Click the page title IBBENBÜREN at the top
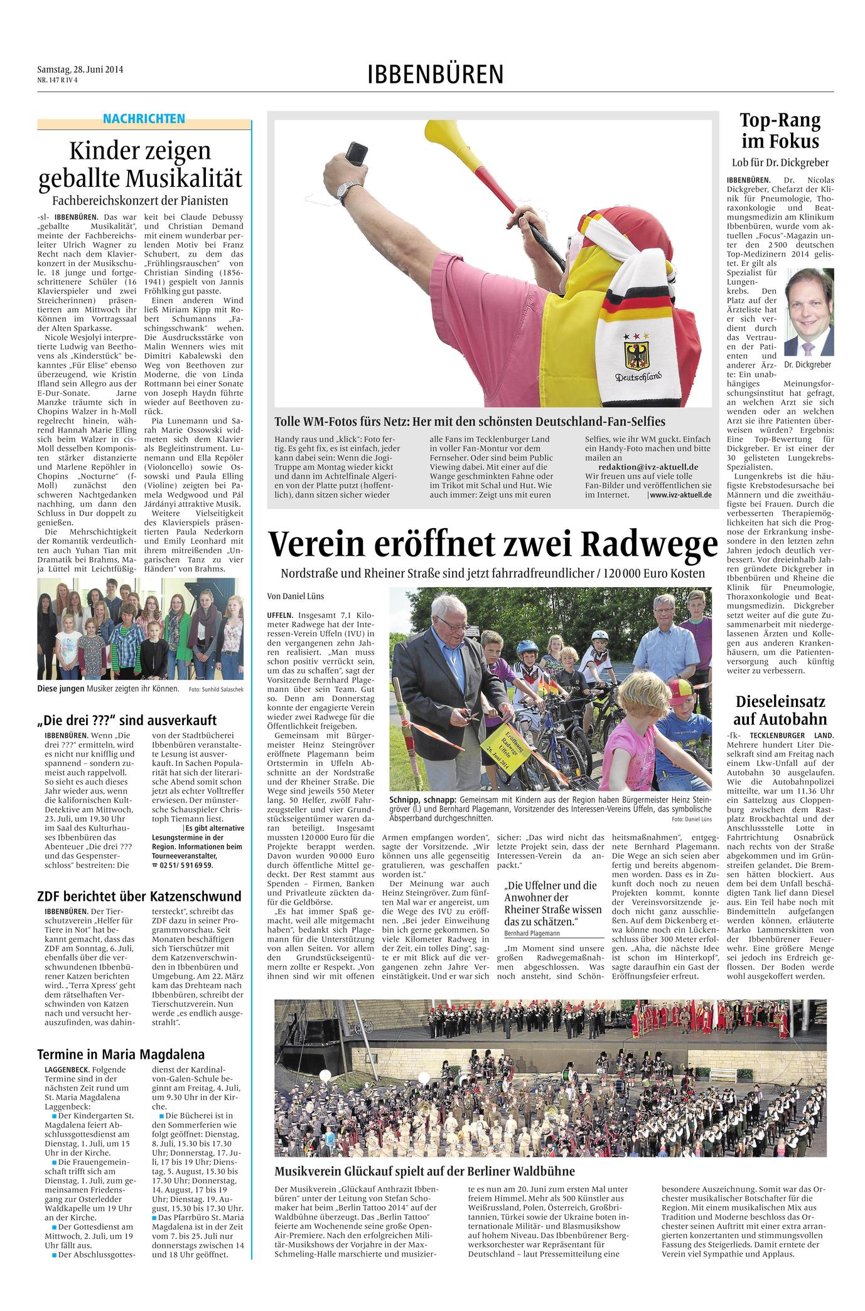click(x=435, y=75)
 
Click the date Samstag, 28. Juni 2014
click(x=80, y=70)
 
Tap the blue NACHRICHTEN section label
click(x=144, y=119)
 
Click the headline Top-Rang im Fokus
click(x=780, y=130)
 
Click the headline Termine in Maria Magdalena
click(x=121, y=1054)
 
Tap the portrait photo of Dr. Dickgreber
click(x=809, y=312)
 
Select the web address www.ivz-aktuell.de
click(x=680, y=495)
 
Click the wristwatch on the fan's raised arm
click(x=348, y=188)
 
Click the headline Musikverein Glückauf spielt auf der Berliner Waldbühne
click(x=425, y=1171)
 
